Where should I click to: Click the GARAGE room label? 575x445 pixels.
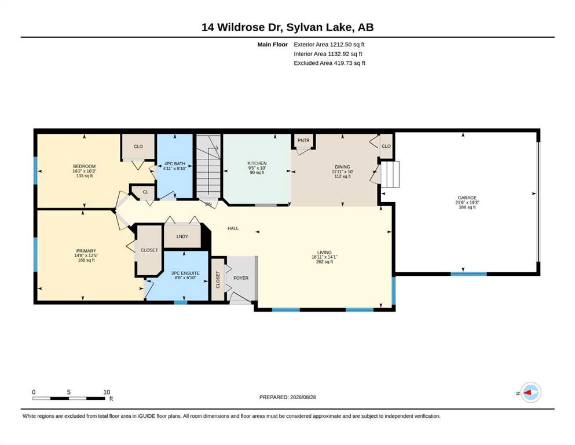point(467,198)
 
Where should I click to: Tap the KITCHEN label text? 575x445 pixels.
point(257,163)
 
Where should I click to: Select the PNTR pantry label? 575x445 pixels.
point(303,140)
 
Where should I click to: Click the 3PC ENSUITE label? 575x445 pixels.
point(185,273)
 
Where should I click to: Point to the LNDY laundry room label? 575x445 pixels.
point(182,236)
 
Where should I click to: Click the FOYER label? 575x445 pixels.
point(241,278)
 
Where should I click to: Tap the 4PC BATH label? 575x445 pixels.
point(174,163)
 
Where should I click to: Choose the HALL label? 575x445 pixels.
point(233,228)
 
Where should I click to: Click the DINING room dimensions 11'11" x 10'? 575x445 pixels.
point(342,172)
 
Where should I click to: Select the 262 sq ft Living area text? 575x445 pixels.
point(324,262)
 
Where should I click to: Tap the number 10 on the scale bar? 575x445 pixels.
point(107,392)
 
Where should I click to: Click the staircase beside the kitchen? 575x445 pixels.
point(208,166)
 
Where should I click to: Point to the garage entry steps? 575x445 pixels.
point(390,174)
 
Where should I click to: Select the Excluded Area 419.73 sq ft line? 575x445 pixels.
point(329,63)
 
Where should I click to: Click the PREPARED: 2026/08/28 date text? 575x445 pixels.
point(287,397)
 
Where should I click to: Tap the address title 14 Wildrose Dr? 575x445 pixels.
point(242,27)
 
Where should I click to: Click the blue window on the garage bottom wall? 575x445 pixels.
point(468,273)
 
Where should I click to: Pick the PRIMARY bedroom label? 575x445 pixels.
point(86,251)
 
